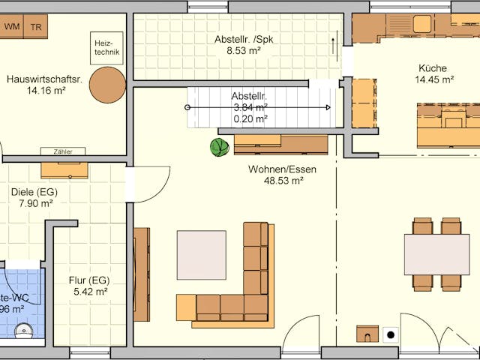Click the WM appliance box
click(12, 27)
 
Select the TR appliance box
click(35, 27)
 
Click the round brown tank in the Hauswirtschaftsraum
click(107, 85)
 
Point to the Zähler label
click(63, 151)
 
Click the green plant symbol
click(220, 148)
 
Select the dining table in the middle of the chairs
click(436, 255)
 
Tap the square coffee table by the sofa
click(201, 255)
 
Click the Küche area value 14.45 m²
click(436, 79)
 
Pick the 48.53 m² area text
click(283, 181)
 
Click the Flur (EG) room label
click(89, 280)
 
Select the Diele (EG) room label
click(34, 191)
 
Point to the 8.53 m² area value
click(244, 51)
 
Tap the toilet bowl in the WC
click(24, 330)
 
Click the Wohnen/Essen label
click(283, 169)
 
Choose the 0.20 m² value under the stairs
click(250, 118)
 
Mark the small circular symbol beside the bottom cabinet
click(390, 335)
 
